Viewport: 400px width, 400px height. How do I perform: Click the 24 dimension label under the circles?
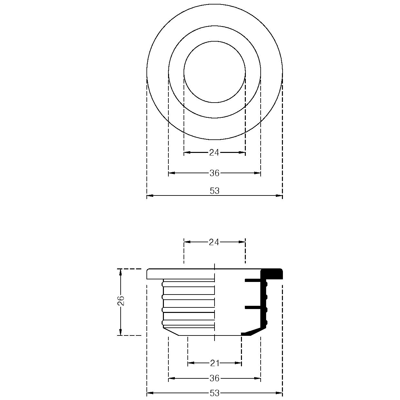click(214, 153)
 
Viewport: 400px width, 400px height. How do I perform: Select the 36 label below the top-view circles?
click(215, 173)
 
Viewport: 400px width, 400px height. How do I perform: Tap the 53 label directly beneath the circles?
click(215, 191)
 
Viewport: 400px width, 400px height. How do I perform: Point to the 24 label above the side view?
click(214, 242)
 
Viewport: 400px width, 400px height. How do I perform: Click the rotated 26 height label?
click(121, 301)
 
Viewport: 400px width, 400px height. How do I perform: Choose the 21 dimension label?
click(215, 363)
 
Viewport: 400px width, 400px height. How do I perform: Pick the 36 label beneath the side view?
click(215, 378)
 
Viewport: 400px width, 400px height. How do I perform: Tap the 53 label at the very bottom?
click(215, 393)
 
